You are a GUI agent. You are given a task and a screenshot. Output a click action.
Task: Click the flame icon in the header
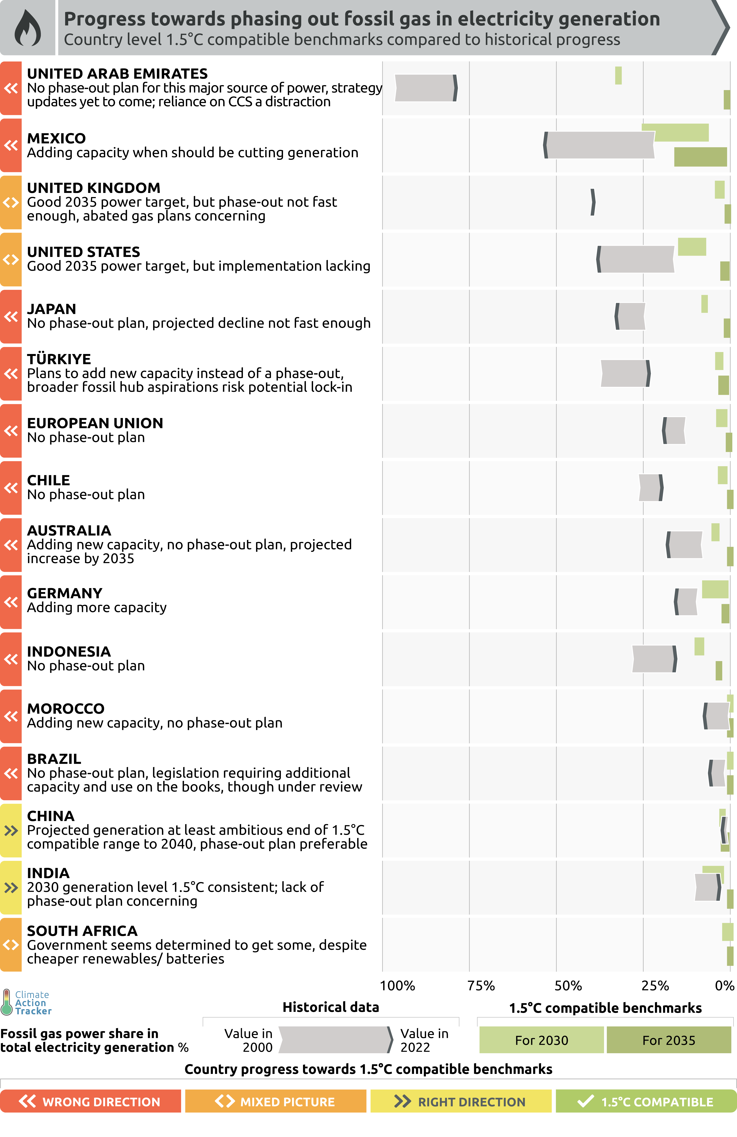click(x=28, y=28)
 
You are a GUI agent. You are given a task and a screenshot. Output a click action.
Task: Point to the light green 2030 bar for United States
click(x=692, y=246)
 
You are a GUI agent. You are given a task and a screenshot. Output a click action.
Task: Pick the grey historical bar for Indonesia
click(x=653, y=659)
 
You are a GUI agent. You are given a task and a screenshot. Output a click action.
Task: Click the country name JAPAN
click(x=52, y=309)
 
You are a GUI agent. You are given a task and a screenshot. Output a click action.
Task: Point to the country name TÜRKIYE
click(x=59, y=359)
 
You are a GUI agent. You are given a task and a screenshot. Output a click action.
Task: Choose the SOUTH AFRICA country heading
click(x=82, y=931)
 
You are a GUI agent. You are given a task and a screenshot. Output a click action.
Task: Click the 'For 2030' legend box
click(x=542, y=1040)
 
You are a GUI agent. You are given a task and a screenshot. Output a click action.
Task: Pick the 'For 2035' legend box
click(x=669, y=1040)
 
